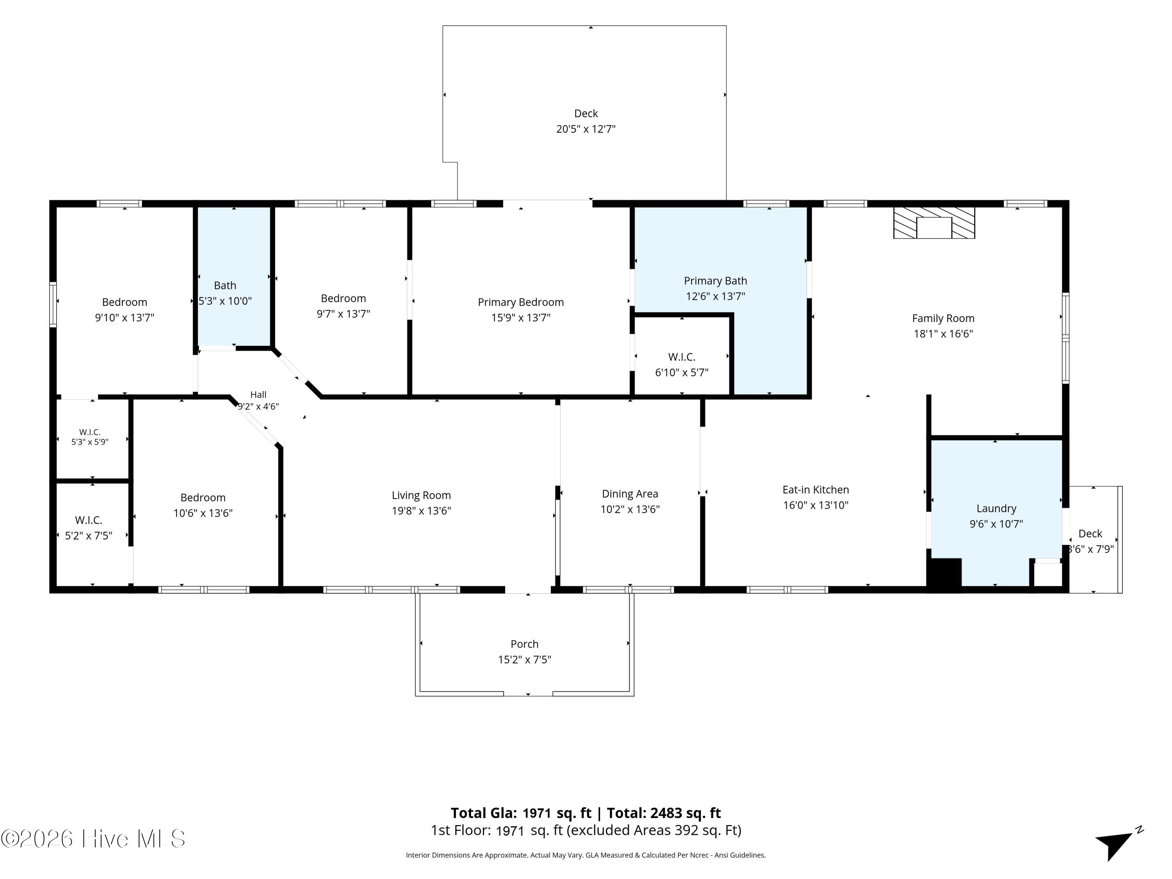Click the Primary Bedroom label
[x=520, y=302]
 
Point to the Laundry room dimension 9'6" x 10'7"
[x=996, y=524]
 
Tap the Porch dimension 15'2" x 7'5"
[x=525, y=660]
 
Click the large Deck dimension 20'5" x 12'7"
[x=586, y=129]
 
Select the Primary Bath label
[x=715, y=281]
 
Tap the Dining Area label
[x=630, y=494]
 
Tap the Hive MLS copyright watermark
[x=93, y=839]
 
